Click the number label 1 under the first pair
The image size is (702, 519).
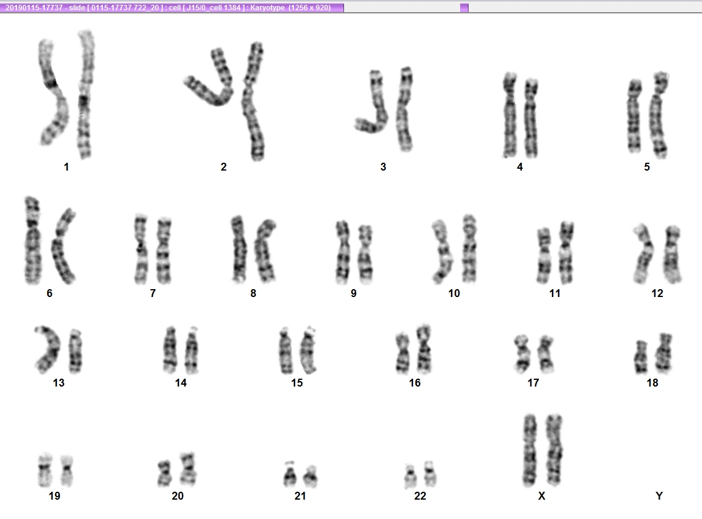[67, 167]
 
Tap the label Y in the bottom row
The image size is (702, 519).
[659, 496]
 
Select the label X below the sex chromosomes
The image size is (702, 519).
[542, 496]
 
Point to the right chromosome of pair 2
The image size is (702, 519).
[253, 101]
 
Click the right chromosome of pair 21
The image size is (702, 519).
[310, 477]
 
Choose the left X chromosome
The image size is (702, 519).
[530, 450]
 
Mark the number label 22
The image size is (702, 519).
[420, 496]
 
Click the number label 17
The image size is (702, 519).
[533, 383]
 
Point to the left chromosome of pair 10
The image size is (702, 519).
[442, 252]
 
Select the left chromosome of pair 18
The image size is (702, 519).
[641, 357]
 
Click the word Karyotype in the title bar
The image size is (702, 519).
[267, 8]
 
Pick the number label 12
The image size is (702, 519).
[657, 293]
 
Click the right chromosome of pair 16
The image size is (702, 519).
[423, 349]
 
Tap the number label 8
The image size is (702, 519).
[253, 293]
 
